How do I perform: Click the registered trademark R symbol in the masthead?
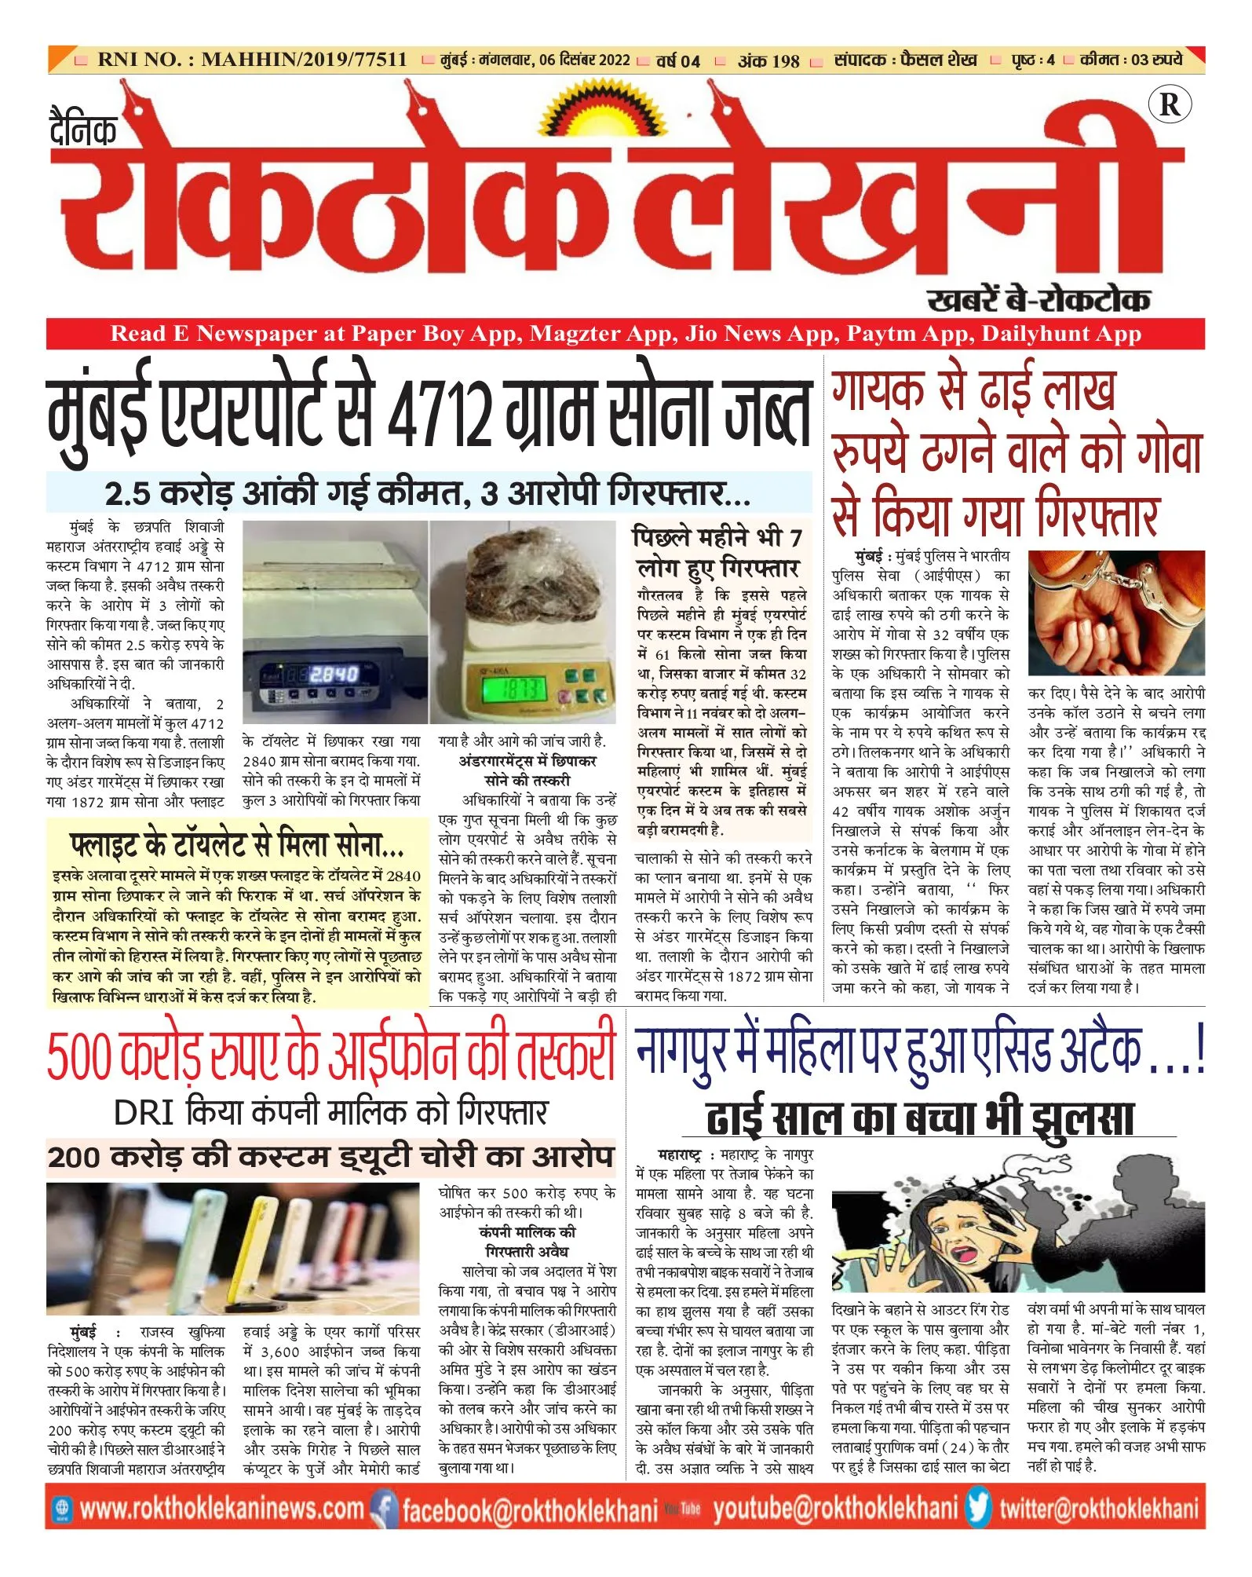pos(1169,104)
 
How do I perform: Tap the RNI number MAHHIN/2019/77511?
pos(304,60)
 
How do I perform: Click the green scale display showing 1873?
pos(514,690)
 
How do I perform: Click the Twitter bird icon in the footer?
pos(978,1507)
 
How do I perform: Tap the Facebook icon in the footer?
pos(384,1508)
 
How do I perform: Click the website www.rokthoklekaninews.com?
pos(222,1508)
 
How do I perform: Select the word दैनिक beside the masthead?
pos(83,130)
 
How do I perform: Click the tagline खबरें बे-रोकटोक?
pos(1038,300)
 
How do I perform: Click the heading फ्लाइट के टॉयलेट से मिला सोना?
pos(236,844)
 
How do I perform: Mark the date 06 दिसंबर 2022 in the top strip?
pos(585,60)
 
